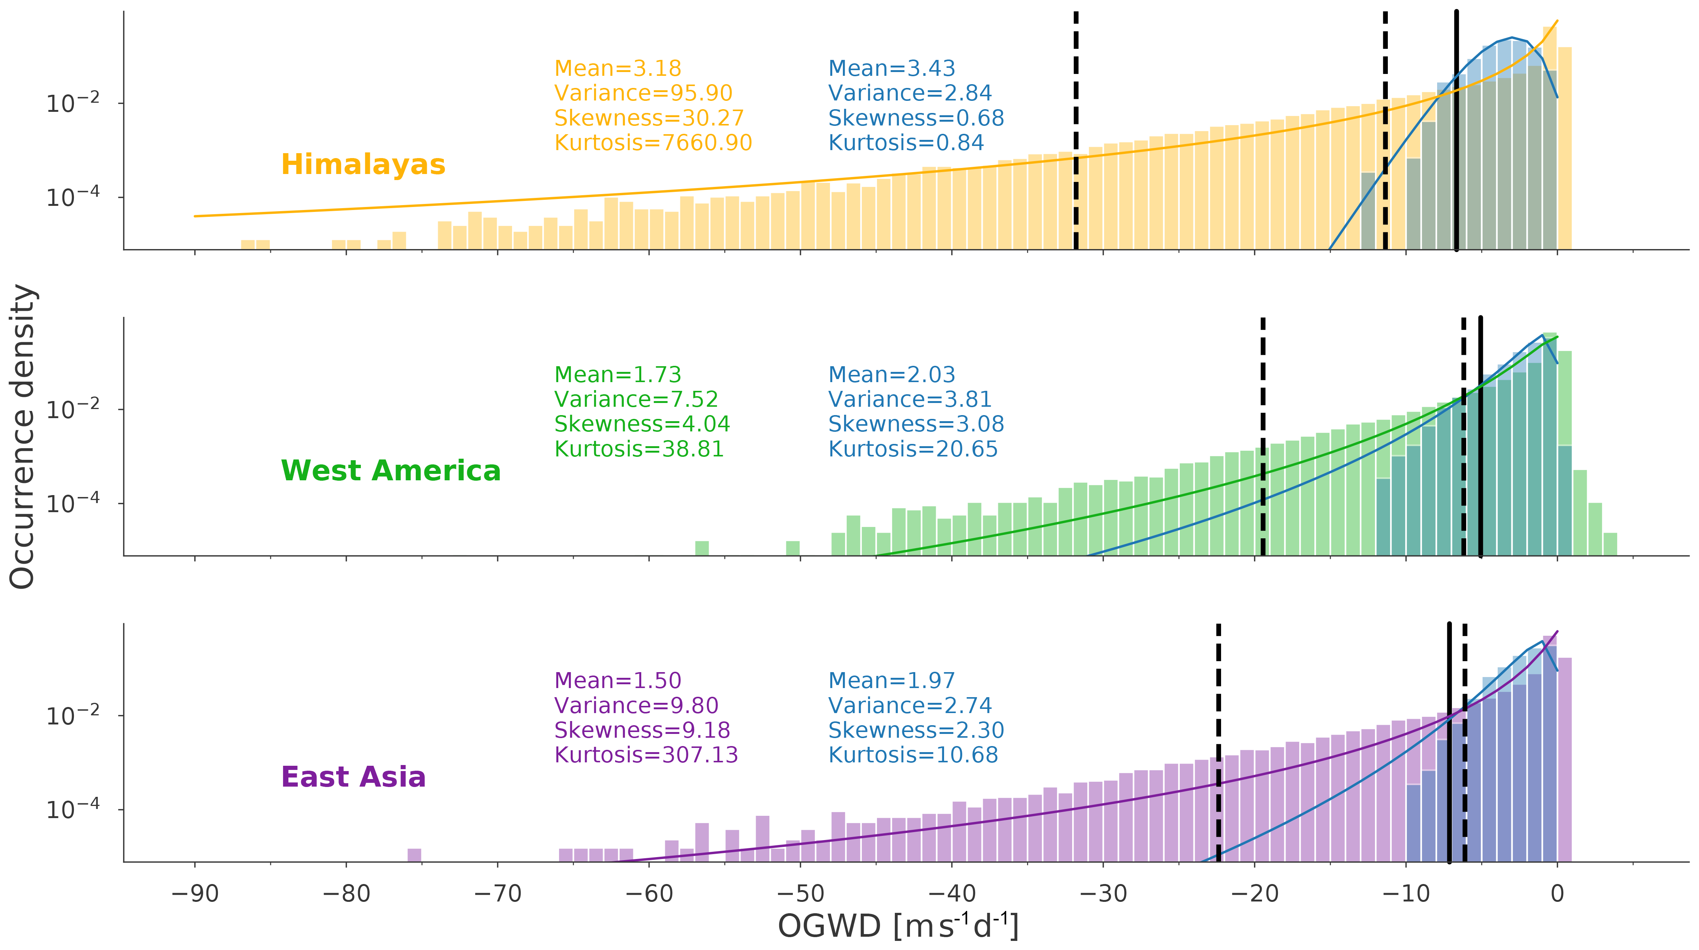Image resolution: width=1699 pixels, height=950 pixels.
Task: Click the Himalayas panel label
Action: (363, 164)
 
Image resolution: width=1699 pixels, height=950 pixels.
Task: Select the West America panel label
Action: (390, 470)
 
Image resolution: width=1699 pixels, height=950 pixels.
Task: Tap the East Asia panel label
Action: (353, 776)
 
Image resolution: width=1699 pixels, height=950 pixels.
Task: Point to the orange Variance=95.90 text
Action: (643, 93)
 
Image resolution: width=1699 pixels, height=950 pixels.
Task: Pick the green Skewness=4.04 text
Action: (642, 423)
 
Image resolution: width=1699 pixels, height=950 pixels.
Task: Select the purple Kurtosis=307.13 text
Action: (646, 754)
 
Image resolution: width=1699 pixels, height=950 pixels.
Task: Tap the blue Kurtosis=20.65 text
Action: (913, 448)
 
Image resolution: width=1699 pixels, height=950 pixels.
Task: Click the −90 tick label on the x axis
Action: (194, 894)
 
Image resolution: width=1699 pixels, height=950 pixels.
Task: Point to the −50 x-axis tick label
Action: (800, 894)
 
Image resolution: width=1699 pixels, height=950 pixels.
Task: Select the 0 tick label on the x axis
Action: (1557, 894)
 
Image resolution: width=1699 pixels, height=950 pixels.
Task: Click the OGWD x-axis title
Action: (898, 926)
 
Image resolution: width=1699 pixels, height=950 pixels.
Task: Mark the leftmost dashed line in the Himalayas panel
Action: (1076, 132)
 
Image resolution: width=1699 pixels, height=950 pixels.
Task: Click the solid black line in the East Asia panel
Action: (1449, 742)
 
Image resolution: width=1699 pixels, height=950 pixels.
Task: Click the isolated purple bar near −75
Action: (414, 855)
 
